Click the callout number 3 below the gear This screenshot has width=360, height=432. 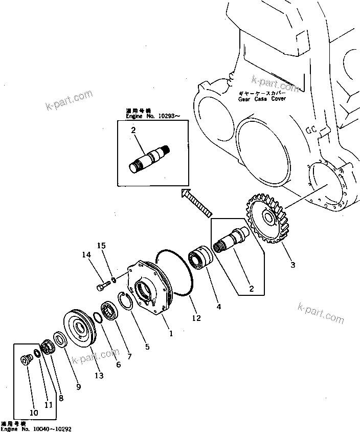(292, 265)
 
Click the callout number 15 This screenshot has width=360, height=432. (102, 246)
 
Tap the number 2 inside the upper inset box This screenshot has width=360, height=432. (133, 131)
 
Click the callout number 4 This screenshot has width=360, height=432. (218, 307)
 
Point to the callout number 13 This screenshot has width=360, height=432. (99, 376)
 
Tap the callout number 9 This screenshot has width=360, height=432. (78, 387)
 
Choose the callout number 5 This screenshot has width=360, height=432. (147, 347)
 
